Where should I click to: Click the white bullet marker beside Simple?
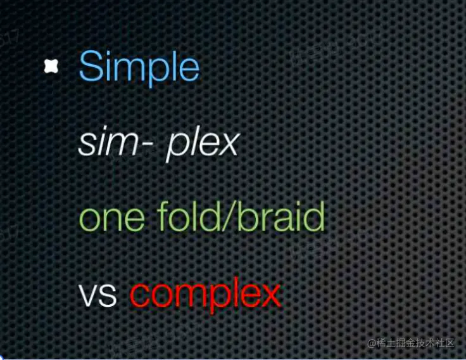[51, 66]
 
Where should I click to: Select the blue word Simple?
[139, 68]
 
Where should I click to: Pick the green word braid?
[281, 216]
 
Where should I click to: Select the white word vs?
[98, 295]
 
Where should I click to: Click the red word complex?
[206, 295]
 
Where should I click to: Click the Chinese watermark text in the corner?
[411, 343]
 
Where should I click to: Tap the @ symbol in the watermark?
[372, 344]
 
